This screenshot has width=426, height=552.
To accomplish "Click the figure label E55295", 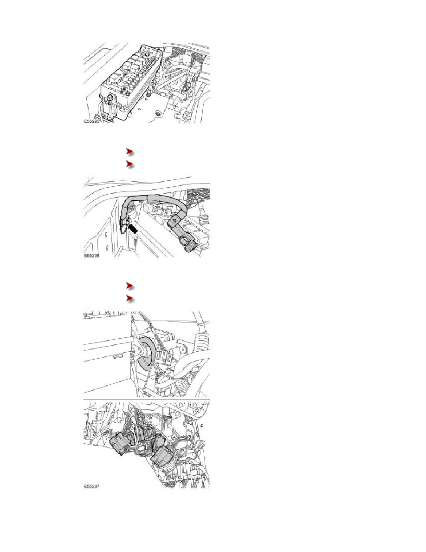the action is (x=91, y=121).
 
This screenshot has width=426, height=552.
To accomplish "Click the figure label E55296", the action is (x=91, y=256).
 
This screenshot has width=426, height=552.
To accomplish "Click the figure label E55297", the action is (x=91, y=486).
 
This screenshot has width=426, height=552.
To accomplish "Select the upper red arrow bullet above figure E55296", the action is (x=129, y=152).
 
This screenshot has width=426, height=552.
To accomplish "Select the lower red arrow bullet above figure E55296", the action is (x=129, y=164).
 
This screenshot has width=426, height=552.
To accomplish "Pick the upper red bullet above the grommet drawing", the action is (x=129, y=285).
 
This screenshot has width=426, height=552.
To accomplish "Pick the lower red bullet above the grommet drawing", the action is (x=129, y=298).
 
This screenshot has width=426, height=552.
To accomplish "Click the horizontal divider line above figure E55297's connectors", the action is (x=147, y=400).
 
